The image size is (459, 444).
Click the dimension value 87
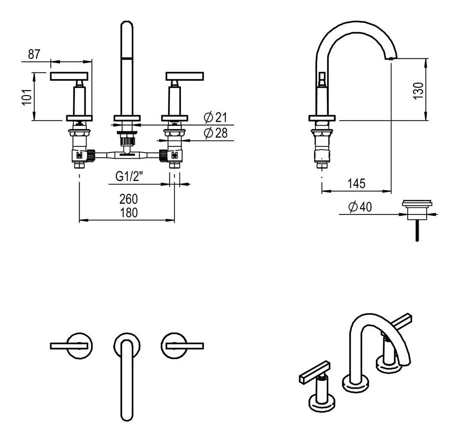click(34, 54)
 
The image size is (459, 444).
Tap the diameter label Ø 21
click(215, 117)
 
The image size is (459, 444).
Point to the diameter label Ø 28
click(215, 133)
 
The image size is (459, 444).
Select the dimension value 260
click(128, 199)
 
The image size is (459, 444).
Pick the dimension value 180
click(128, 212)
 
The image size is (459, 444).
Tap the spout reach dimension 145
click(356, 183)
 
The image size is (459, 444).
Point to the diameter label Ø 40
click(360, 207)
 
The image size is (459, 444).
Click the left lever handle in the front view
click(71, 76)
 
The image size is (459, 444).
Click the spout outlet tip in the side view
click(391, 57)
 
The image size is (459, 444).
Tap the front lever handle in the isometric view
click(314, 371)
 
